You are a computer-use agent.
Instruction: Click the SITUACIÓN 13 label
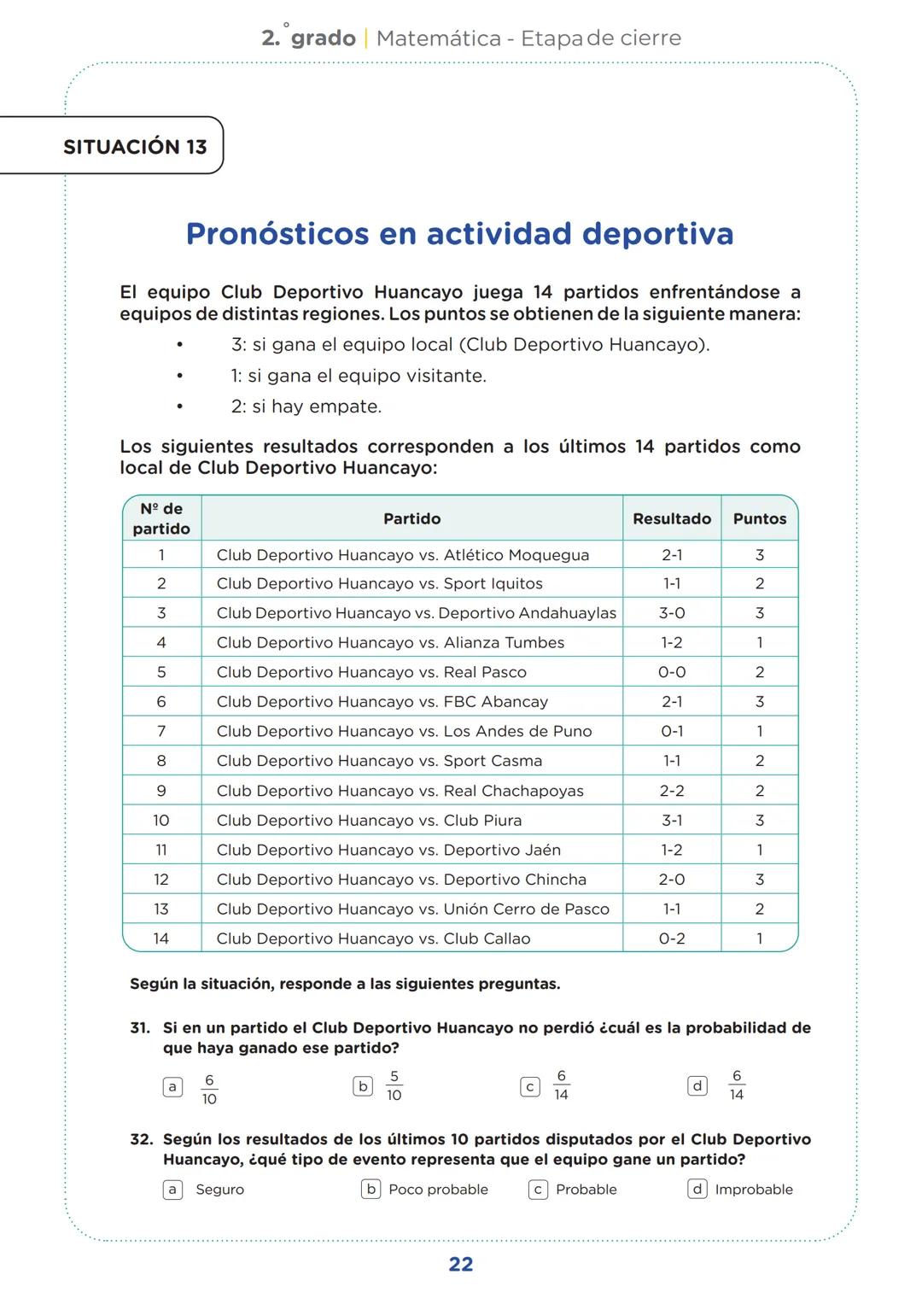click(135, 147)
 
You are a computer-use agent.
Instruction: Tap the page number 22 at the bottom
click(461, 1265)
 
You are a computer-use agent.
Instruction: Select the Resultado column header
click(672, 518)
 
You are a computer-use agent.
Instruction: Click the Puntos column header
click(760, 518)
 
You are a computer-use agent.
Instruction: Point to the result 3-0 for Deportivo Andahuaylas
click(672, 613)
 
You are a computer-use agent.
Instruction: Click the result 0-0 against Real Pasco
click(672, 672)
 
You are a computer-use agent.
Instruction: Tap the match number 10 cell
click(161, 821)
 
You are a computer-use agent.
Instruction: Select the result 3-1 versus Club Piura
click(672, 821)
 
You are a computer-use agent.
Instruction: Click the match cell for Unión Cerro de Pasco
click(413, 909)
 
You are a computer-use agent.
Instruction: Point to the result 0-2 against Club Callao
click(672, 939)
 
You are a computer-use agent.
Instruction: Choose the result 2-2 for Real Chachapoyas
click(672, 791)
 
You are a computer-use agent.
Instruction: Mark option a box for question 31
click(172, 1087)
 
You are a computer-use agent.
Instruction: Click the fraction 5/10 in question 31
click(394, 1086)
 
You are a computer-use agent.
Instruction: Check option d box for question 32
click(697, 1189)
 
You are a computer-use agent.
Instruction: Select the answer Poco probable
click(438, 1190)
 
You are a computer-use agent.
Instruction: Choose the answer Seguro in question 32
click(219, 1190)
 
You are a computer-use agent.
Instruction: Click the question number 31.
click(140, 1028)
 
